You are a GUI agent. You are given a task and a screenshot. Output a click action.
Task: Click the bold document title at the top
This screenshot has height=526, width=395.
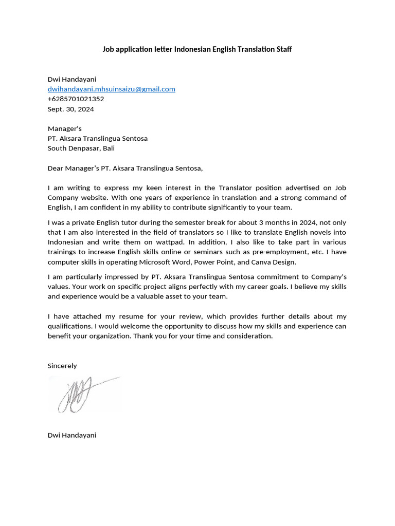[197, 49]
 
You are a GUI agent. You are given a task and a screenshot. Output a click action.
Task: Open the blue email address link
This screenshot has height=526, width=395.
[112, 89]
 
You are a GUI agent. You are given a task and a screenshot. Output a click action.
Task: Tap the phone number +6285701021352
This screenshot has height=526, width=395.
[76, 99]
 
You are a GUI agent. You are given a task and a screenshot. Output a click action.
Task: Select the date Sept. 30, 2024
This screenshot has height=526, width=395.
[71, 109]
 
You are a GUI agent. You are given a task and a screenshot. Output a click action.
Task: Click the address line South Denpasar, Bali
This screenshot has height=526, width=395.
[81, 148]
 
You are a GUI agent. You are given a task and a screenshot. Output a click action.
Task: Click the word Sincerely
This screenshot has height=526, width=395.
[62, 366]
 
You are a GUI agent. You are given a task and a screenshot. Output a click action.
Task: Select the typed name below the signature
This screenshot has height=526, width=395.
[72, 435]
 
